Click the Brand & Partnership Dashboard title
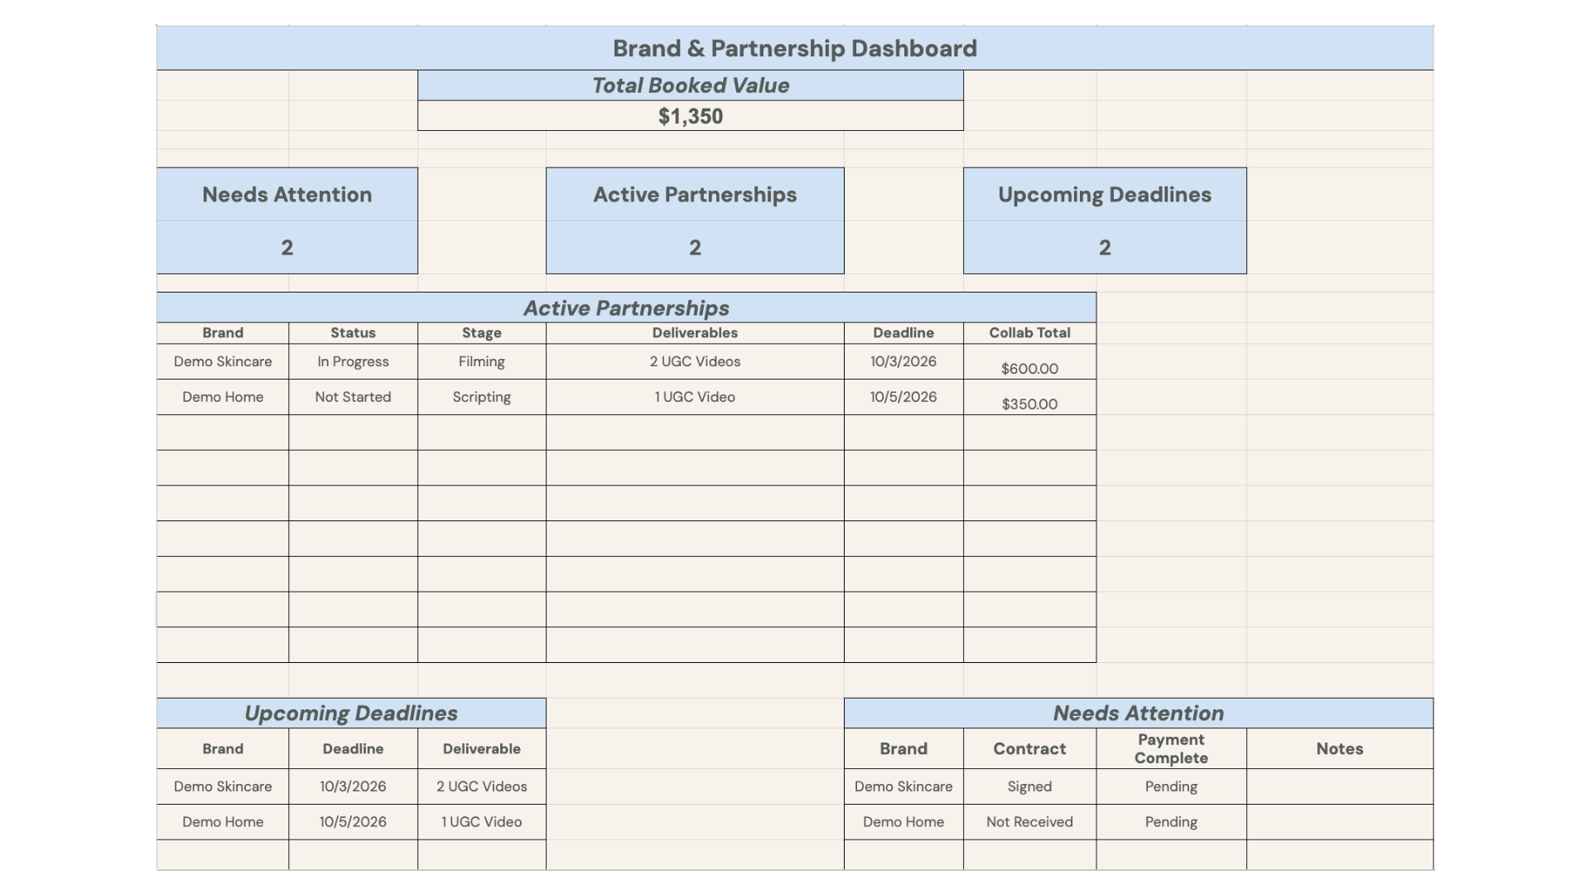[x=795, y=48]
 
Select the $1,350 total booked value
[x=691, y=116]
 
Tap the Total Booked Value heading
[x=691, y=85]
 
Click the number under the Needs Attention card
[x=287, y=248]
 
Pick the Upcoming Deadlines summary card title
[x=1105, y=195]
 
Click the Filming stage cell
[x=482, y=361]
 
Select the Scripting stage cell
[x=482, y=397]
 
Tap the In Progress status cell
[x=353, y=361]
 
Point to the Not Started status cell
[x=353, y=397]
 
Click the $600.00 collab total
[x=1029, y=369]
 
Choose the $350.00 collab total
[x=1029, y=404]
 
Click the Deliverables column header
[x=695, y=332]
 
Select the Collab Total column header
[x=1029, y=332]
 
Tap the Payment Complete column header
[x=1171, y=748]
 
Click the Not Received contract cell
[x=1029, y=822]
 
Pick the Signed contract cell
[x=1029, y=786]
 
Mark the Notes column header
[x=1339, y=748]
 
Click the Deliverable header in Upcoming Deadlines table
[x=482, y=748]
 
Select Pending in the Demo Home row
[x=1171, y=822]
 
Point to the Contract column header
[x=1029, y=748]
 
